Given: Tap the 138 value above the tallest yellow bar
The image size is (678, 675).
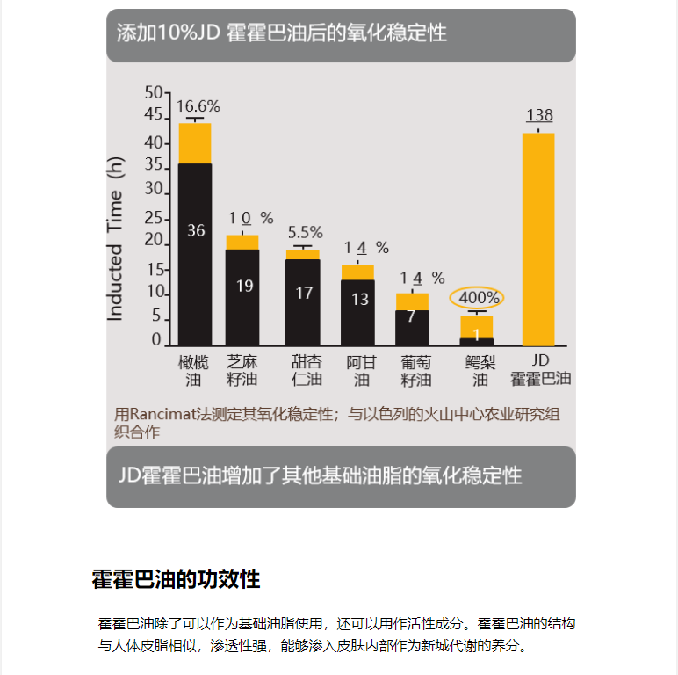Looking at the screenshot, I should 539,115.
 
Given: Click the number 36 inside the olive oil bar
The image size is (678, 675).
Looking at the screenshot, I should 196,230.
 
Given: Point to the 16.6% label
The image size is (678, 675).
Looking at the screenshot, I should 198,106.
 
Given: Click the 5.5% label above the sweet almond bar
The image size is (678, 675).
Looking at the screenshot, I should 306,232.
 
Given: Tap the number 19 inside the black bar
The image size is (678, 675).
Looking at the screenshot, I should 244,286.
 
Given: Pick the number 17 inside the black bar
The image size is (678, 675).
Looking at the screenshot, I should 304,293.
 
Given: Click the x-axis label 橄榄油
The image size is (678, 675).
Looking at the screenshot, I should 193,371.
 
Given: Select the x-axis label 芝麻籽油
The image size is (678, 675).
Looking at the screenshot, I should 242,371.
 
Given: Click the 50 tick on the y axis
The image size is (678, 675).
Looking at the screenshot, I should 153,92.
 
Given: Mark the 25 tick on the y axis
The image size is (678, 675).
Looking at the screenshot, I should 153,217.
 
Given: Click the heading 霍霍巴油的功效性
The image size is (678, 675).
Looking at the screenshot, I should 176,580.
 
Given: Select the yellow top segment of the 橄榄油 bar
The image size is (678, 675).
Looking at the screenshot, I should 195,143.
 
